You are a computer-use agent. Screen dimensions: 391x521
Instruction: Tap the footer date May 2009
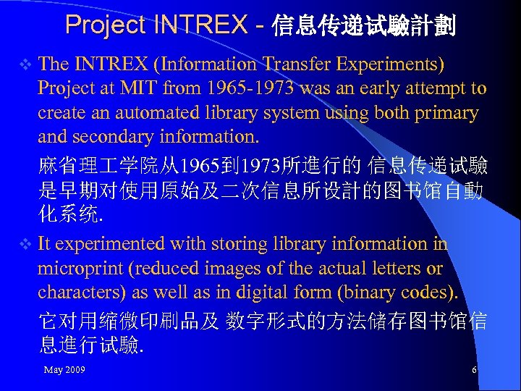pyautogui.click(x=64, y=370)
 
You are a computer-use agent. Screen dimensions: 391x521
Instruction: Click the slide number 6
pyautogui.click(x=474, y=370)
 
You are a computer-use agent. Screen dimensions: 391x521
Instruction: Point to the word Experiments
pyautogui.click(x=391, y=64)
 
